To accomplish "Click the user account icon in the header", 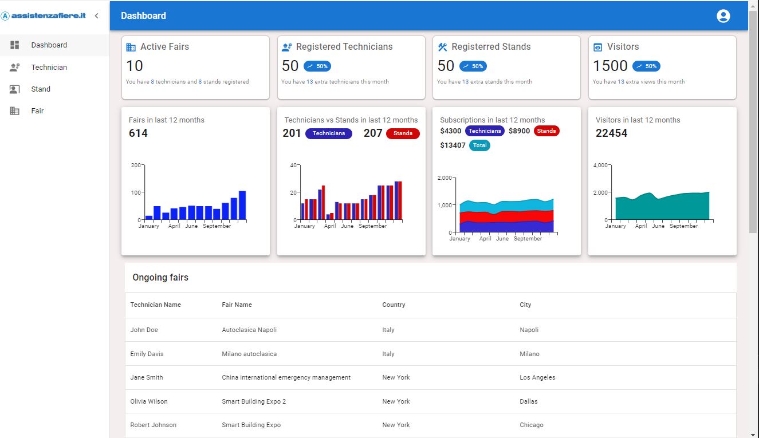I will coord(723,16).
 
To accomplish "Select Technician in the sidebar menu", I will coord(49,67).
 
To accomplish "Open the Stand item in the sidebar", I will coord(41,89).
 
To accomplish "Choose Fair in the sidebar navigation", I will coord(37,111).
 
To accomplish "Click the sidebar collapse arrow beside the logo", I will coord(96,16).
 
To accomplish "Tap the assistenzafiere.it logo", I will coord(44,16).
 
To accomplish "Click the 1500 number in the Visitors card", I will coord(610,66).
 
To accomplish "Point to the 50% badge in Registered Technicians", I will coord(317,66).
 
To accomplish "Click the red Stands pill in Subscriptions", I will coord(546,131).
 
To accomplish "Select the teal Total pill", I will coord(479,145).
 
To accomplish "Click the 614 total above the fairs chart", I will coord(138,133).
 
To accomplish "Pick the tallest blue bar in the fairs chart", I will coord(242,205).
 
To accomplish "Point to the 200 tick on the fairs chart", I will coord(136,165).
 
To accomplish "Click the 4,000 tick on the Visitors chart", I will coord(600,165).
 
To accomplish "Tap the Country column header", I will coord(394,305).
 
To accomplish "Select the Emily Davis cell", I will coord(147,354).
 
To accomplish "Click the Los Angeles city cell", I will coord(537,377).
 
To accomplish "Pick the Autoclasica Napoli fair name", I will coord(249,330).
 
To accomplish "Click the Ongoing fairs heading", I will coord(160,278).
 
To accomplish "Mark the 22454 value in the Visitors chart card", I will coord(611,133).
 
